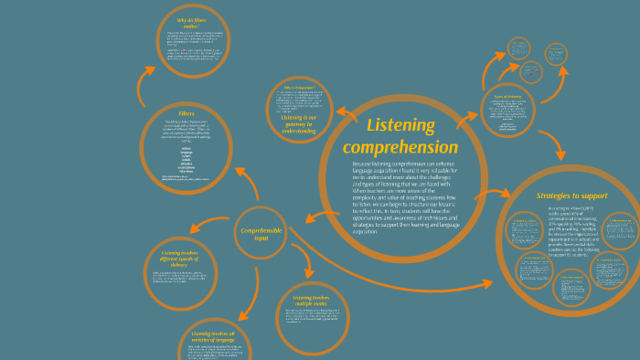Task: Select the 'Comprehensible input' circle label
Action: point(261,233)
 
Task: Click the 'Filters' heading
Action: point(187,114)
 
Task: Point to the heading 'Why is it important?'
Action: point(299,88)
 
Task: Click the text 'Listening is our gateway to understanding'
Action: point(298,124)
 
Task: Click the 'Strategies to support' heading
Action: point(572,196)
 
